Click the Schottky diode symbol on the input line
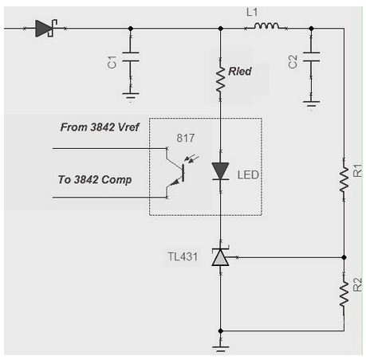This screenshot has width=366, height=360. pos(46,28)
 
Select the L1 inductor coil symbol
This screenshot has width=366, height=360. pos(266,25)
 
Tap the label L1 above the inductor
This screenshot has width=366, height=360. pos(252,12)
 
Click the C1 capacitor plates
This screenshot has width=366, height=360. pos(131,57)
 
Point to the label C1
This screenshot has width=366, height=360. pos(112,62)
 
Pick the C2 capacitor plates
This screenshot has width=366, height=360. pos(311,57)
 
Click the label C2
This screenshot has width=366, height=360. pos(293,62)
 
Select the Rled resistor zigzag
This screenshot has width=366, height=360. pos(220,80)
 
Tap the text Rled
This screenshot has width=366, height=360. pos(240,71)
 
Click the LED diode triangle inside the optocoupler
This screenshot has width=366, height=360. pos(220,171)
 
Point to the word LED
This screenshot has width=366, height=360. pos(248,175)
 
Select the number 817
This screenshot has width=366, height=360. pos(186,138)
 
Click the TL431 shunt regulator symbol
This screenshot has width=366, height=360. pos(220,257)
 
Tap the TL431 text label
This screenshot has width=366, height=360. pos(183,256)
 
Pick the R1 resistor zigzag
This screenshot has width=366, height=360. pos(344,179)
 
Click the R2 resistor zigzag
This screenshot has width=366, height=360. pos(344,294)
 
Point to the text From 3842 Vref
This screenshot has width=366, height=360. pos(100,127)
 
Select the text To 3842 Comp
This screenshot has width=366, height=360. pos(95,180)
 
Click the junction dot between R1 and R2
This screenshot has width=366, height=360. pos(344,257)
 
